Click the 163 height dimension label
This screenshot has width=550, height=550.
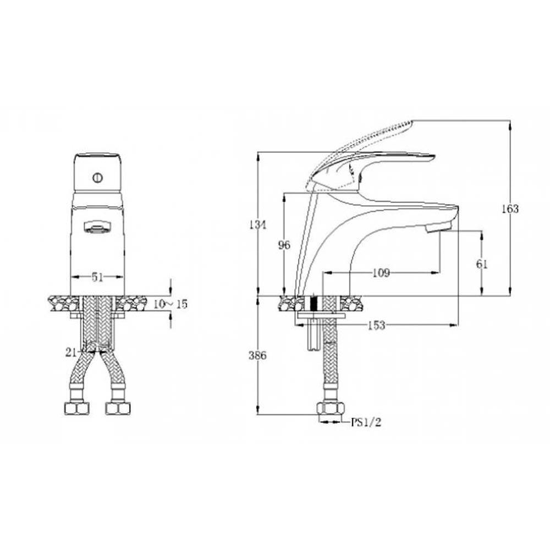(x=510, y=208)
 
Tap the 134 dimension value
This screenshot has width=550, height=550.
(x=258, y=224)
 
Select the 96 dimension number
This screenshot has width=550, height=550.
(x=284, y=245)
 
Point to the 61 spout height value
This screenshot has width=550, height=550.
(x=482, y=264)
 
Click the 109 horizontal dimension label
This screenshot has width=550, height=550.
(x=381, y=273)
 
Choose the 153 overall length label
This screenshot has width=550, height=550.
(x=377, y=326)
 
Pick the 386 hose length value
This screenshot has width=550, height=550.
(x=258, y=355)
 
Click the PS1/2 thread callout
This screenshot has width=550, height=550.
(x=366, y=422)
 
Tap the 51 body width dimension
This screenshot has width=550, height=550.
(x=97, y=277)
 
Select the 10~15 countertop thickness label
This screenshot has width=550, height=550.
(x=170, y=304)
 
